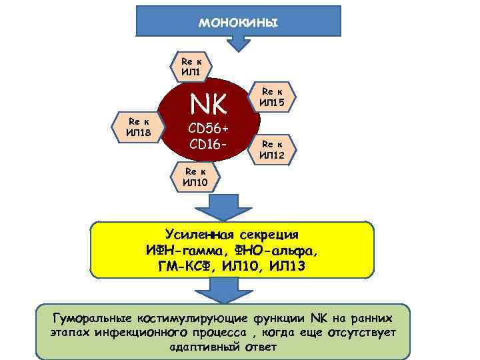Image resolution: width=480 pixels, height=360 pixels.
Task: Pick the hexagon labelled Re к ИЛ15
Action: (272, 96)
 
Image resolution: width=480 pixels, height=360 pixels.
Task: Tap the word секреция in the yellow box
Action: (271, 235)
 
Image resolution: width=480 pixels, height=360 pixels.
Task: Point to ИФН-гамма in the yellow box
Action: (185, 251)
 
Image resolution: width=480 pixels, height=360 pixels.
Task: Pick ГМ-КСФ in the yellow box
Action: (189, 267)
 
